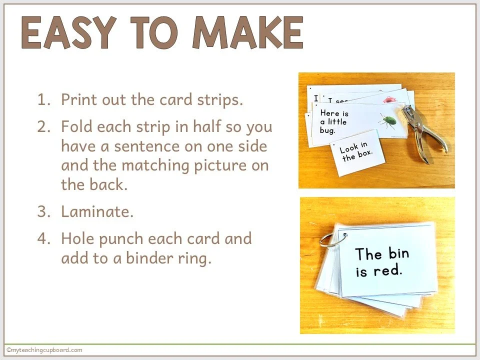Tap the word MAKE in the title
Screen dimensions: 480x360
click(x=247, y=32)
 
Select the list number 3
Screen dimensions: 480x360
click(x=44, y=211)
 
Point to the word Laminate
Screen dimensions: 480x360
click(x=97, y=211)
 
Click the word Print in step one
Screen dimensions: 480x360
click(x=79, y=99)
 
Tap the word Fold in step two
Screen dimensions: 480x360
click(x=77, y=126)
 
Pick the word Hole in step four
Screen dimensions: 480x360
click(x=78, y=238)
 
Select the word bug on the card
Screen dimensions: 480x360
click(x=327, y=130)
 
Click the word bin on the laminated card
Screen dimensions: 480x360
click(x=399, y=253)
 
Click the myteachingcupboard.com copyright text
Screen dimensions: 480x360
click(x=44, y=350)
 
